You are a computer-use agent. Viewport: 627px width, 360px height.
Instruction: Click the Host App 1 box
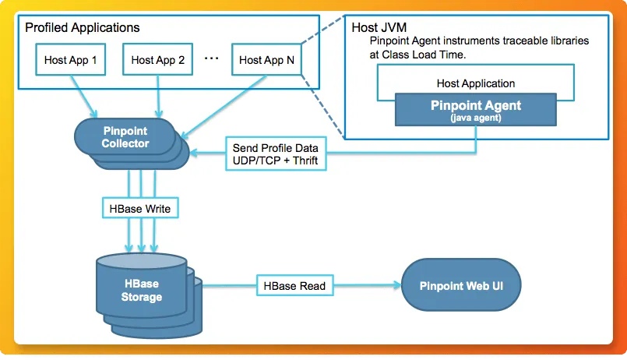pos(70,60)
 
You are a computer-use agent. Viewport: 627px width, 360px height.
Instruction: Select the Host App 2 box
pos(157,60)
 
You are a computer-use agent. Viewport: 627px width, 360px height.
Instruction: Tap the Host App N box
pos(266,60)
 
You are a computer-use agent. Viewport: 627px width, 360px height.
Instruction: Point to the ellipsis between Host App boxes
pos(211,58)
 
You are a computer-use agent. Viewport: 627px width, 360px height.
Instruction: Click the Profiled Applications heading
pos(83,27)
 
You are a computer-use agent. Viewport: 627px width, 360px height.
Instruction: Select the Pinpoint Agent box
pos(476,110)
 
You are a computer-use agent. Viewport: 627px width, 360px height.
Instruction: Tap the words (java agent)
pos(476,118)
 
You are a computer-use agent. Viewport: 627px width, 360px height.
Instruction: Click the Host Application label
pos(475,83)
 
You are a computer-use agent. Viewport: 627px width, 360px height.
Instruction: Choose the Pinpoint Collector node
pos(125,138)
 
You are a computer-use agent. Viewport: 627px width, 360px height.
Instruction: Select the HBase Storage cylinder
pos(141,291)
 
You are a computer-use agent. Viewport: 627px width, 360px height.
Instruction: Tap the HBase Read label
pos(292,286)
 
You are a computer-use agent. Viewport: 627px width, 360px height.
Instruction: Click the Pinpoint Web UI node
pos(461,286)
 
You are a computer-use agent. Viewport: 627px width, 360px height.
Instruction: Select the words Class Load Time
pos(417,55)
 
